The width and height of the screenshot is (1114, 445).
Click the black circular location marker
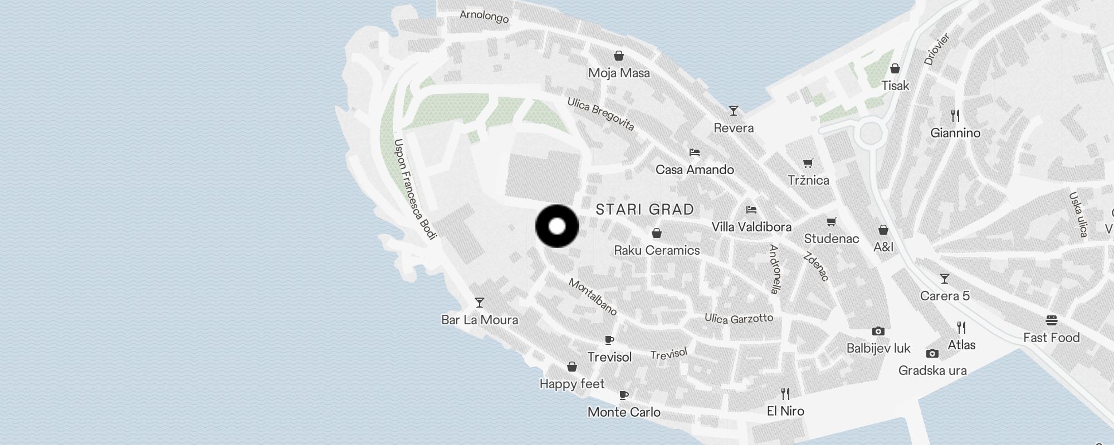coord(557,226)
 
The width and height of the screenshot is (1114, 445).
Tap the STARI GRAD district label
coord(644,209)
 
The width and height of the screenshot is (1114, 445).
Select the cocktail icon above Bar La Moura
coord(479,303)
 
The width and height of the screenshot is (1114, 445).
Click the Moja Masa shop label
coord(619,73)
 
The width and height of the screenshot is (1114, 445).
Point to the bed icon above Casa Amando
coord(694,152)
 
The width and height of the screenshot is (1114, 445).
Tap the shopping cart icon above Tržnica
coord(808,163)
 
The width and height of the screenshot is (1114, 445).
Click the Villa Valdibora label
coord(751,227)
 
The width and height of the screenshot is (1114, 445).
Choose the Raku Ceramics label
coord(657,250)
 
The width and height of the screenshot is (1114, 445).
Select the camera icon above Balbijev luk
coord(878,332)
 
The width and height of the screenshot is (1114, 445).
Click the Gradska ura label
coord(932,370)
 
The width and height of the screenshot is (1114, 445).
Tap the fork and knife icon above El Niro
coord(785,394)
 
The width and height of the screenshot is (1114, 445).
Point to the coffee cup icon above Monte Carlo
coord(624,395)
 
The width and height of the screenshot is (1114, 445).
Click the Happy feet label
coord(571,384)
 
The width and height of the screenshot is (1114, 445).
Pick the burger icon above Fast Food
coord(1052,320)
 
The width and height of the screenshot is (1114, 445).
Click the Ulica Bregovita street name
coord(600,114)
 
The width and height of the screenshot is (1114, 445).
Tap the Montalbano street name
coord(593,296)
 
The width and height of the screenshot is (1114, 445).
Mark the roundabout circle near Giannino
coord(872,133)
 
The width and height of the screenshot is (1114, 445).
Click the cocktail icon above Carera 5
coord(944,279)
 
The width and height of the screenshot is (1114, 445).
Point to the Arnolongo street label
coord(484,16)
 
